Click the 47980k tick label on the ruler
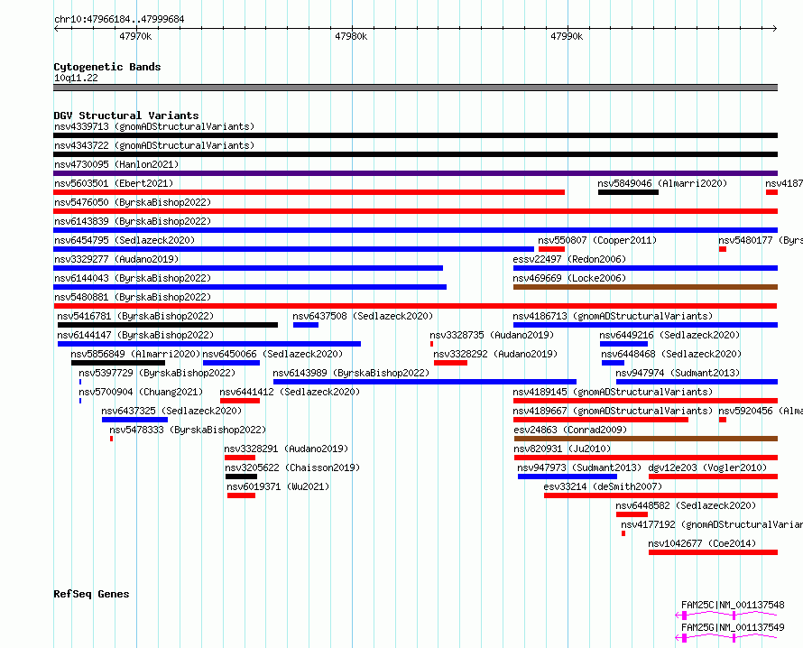coord(351,36)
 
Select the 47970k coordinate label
coord(135,36)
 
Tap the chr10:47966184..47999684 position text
coord(119,20)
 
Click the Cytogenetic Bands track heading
coord(107,67)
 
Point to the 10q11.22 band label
coord(76,78)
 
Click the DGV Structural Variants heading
coord(126,116)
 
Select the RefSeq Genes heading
coord(91,594)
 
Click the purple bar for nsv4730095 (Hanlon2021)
coord(415,173)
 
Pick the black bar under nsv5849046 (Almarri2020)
coord(628,192)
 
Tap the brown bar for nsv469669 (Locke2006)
coord(645,287)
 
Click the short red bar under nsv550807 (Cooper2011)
coord(551,249)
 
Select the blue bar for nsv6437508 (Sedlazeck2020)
coord(306,325)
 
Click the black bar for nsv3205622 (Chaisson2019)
coord(241,477)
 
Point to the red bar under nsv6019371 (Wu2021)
coord(241,495)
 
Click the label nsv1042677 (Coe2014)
coord(702,543)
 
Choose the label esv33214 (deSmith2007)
coord(603,486)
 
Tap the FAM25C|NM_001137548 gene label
coord(733,605)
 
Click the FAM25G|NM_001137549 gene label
coord(733,627)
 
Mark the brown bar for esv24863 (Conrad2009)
coord(646,439)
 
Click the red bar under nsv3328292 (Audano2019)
coord(450,363)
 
